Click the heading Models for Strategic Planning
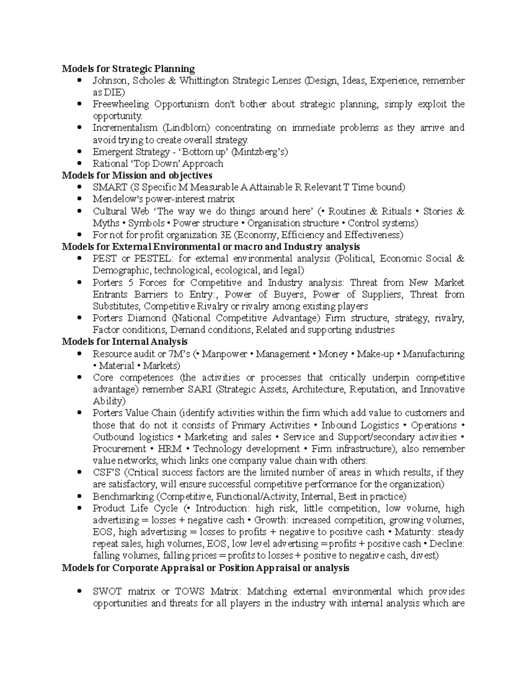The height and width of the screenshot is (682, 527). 128,69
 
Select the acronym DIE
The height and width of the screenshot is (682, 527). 114,93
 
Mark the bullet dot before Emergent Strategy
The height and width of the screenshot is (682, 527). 79,152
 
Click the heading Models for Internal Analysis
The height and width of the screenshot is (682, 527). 125,342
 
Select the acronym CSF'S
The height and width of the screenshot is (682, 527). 107,473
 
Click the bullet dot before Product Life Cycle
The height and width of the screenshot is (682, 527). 79,509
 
